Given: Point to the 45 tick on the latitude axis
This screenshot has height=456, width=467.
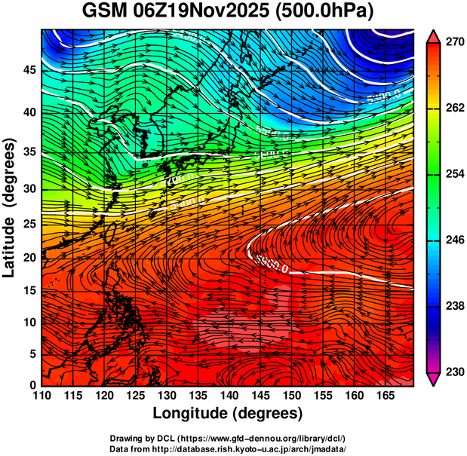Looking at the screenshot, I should pos(29,70).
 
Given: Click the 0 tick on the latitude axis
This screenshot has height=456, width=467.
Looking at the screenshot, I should pos(32,385).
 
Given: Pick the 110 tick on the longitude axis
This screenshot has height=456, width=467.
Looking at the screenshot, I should pos(41,396).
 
